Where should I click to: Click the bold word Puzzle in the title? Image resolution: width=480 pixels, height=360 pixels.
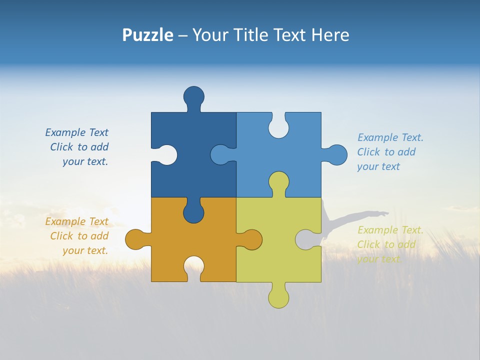point(148,35)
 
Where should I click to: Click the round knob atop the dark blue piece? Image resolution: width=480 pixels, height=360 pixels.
point(193,96)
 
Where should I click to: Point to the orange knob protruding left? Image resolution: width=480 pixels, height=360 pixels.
point(134,239)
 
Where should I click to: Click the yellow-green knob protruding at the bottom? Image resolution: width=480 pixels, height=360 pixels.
point(278,298)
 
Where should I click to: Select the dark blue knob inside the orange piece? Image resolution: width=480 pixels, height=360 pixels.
point(193,212)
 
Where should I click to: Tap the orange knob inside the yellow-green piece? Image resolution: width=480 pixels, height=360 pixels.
point(252,239)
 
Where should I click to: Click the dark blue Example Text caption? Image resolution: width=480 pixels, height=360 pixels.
point(77,147)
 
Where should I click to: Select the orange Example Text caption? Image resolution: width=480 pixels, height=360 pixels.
point(77,236)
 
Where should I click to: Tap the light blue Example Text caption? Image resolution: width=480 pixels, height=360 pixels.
point(390,152)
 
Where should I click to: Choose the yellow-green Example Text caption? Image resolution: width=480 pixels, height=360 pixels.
point(390,244)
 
